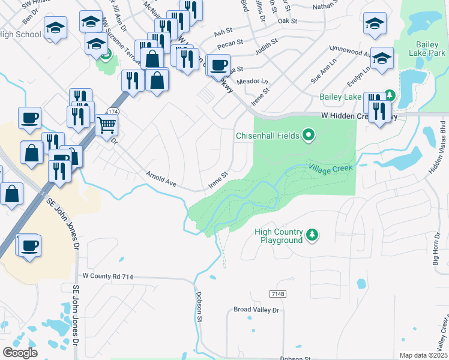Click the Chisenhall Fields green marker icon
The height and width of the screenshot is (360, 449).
[x=309, y=136]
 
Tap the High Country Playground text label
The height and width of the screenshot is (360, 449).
[x=279, y=236]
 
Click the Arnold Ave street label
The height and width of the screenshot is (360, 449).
[x=161, y=179]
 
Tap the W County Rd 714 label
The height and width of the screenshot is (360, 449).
[x=107, y=277]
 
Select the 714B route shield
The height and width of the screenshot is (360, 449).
[x=277, y=293]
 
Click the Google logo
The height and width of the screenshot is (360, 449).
[x=20, y=353]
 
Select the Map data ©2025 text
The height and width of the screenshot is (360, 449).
[x=423, y=356]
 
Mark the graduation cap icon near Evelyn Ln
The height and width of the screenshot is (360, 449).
[x=382, y=58]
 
